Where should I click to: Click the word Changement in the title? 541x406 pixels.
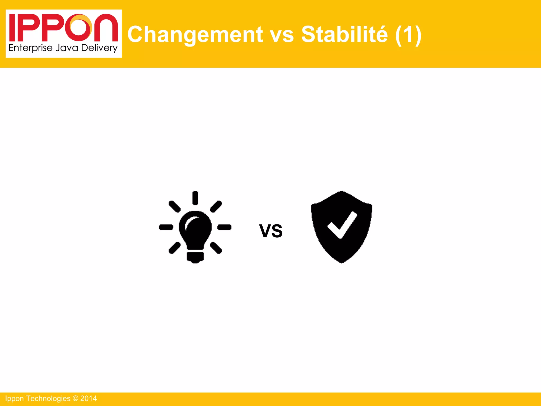195,35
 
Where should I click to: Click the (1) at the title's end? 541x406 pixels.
408,35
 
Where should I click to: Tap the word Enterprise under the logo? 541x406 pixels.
30,48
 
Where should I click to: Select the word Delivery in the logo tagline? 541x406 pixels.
99,48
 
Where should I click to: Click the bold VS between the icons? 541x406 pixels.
271,231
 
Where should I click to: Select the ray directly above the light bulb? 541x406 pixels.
195,198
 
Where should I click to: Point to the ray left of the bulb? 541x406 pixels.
166,227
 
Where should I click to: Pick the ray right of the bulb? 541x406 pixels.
224,227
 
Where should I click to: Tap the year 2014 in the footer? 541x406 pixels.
88,399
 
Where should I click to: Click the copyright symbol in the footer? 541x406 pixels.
75,399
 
